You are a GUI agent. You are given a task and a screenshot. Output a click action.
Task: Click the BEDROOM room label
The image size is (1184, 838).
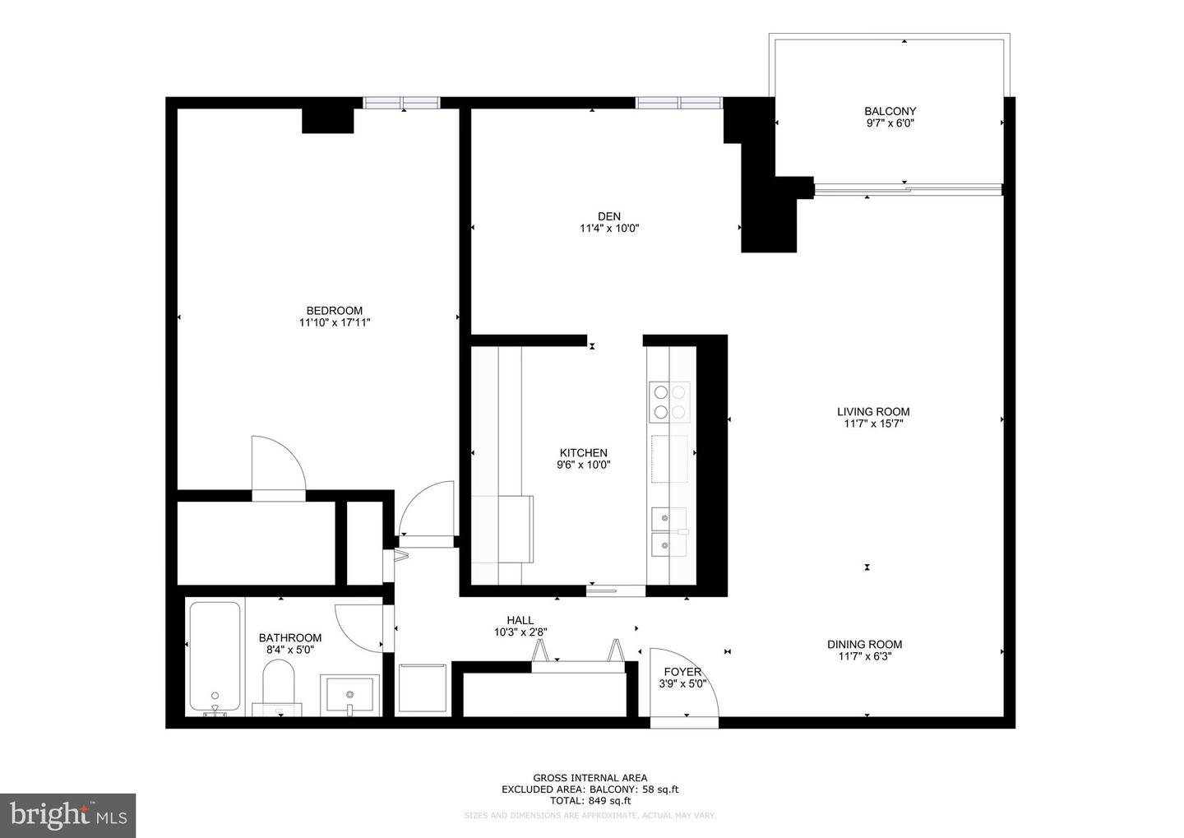tap(334, 310)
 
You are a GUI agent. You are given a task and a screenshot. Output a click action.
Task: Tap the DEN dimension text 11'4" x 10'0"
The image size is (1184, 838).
tap(609, 229)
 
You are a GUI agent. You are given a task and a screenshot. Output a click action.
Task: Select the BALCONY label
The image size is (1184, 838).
tap(890, 111)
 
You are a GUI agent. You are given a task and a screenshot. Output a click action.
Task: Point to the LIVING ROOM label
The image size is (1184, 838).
tap(873, 412)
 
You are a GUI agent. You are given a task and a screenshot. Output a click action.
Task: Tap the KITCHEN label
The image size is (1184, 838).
tap(583, 453)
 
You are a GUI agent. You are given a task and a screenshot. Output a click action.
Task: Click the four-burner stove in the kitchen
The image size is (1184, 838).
tap(668, 401)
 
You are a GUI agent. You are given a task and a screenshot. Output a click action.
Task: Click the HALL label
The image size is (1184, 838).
tap(520, 620)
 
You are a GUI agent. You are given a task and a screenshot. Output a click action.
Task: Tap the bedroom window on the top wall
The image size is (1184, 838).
tap(402, 103)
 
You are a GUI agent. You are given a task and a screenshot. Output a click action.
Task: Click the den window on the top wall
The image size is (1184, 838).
tap(678, 103)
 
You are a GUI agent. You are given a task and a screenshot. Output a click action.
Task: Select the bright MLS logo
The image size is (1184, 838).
tap(67, 815)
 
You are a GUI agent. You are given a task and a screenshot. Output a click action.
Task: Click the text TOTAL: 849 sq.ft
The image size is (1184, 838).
tap(590, 800)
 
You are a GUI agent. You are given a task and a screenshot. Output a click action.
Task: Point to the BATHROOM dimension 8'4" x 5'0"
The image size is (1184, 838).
tap(290, 650)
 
